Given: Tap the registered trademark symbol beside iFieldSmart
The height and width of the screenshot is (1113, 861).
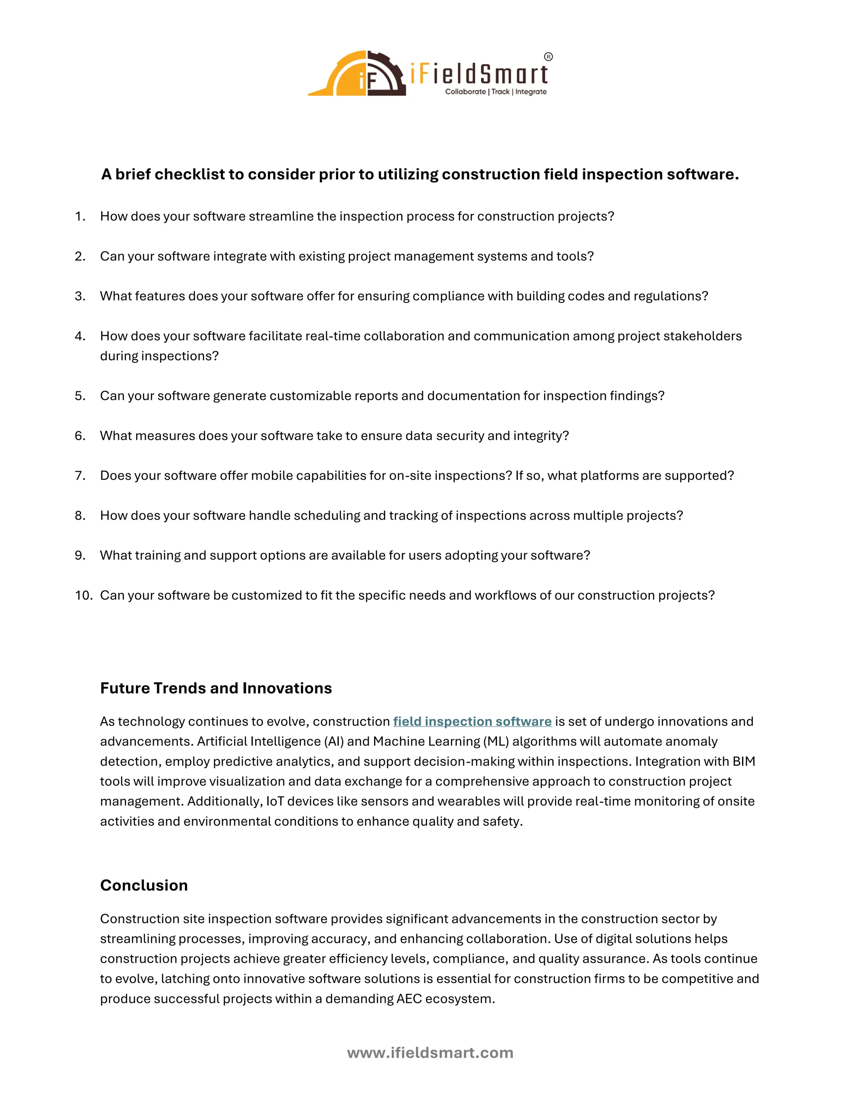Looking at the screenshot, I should [x=548, y=57].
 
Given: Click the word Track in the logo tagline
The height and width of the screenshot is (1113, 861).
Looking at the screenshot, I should [x=500, y=92].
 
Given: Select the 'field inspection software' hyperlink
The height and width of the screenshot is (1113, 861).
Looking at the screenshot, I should [x=472, y=721].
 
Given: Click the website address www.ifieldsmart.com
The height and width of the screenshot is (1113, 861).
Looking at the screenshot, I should [x=430, y=1053].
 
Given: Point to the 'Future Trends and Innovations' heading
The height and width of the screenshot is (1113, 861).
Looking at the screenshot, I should [x=216, y=688].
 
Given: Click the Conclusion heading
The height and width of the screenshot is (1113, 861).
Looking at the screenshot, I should [x=144, y=885].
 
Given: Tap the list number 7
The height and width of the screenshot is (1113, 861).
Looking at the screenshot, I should [x=79, y=475].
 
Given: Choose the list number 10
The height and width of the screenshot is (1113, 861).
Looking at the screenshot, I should [x=83, y=595].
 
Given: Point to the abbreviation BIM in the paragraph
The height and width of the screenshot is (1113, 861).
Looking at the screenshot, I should [x=744, y=761].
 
